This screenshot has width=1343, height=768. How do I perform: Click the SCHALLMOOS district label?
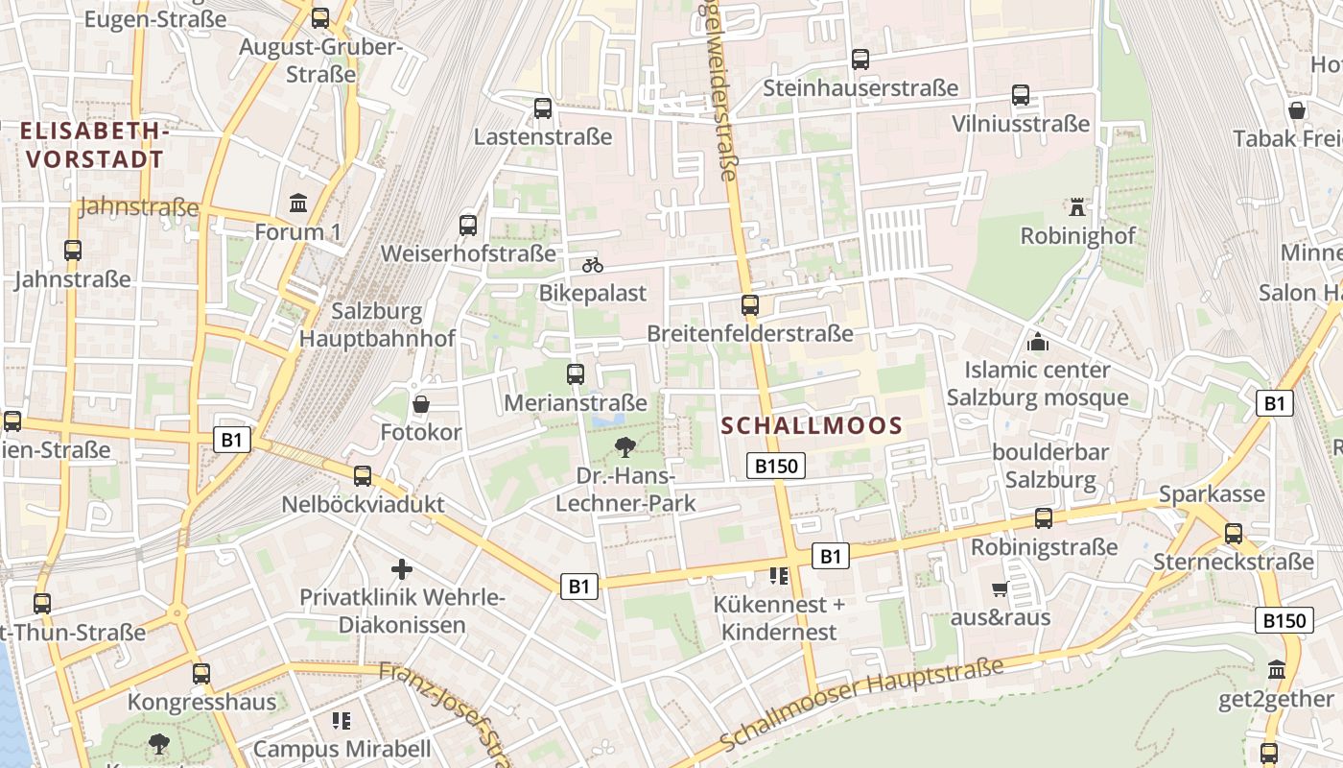[x=812, y=425]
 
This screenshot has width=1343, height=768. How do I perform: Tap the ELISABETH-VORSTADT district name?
[x=93, y=145]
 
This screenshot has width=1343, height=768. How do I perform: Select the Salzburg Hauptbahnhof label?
[x=376, y=324]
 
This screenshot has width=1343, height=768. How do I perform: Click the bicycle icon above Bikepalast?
[x=593, y=265]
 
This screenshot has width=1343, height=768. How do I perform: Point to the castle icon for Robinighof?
[x=1077, y=206]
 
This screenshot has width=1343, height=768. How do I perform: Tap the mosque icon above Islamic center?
[x=1037, y=341]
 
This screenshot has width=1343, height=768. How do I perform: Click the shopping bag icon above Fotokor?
[x=420, y=404]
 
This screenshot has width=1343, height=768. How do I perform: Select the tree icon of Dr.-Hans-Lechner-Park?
[x=625, y=446]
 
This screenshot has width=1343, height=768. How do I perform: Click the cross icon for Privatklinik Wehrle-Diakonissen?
[x=402, y=569]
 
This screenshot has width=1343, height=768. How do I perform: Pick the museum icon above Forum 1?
[x=298, y=204]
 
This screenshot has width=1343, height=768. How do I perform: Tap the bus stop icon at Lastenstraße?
[x=543, y=108]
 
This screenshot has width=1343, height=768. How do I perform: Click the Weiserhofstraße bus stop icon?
[x=468, y=226]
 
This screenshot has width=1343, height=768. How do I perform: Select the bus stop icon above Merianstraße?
[x=576, y=374]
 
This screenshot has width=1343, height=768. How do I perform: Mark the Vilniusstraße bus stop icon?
[x=1021, y=95]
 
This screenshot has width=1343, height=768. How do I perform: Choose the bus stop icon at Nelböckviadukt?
[x=363, y=476]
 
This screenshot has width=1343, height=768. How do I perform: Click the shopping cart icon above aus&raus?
[x=1001, y=588]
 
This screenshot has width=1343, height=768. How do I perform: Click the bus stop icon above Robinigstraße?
[x=1044, y=518]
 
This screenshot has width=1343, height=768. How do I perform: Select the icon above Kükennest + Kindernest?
[x=779, y=576]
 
